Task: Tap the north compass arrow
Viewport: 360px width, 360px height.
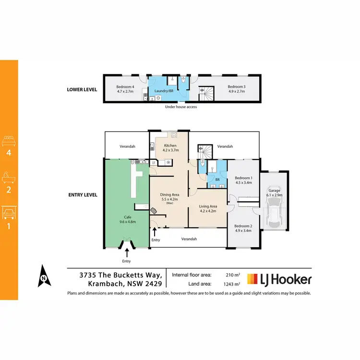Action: [43, 276]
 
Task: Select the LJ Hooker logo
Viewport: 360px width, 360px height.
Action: [279, 279]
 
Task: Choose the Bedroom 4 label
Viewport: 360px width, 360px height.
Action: [126, 87]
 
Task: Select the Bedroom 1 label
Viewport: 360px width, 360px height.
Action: [243, 180]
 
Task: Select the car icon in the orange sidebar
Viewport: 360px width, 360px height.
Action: [9, 213]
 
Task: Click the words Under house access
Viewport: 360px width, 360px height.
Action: [181, 107]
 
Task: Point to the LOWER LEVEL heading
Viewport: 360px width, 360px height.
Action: [83, 89]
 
